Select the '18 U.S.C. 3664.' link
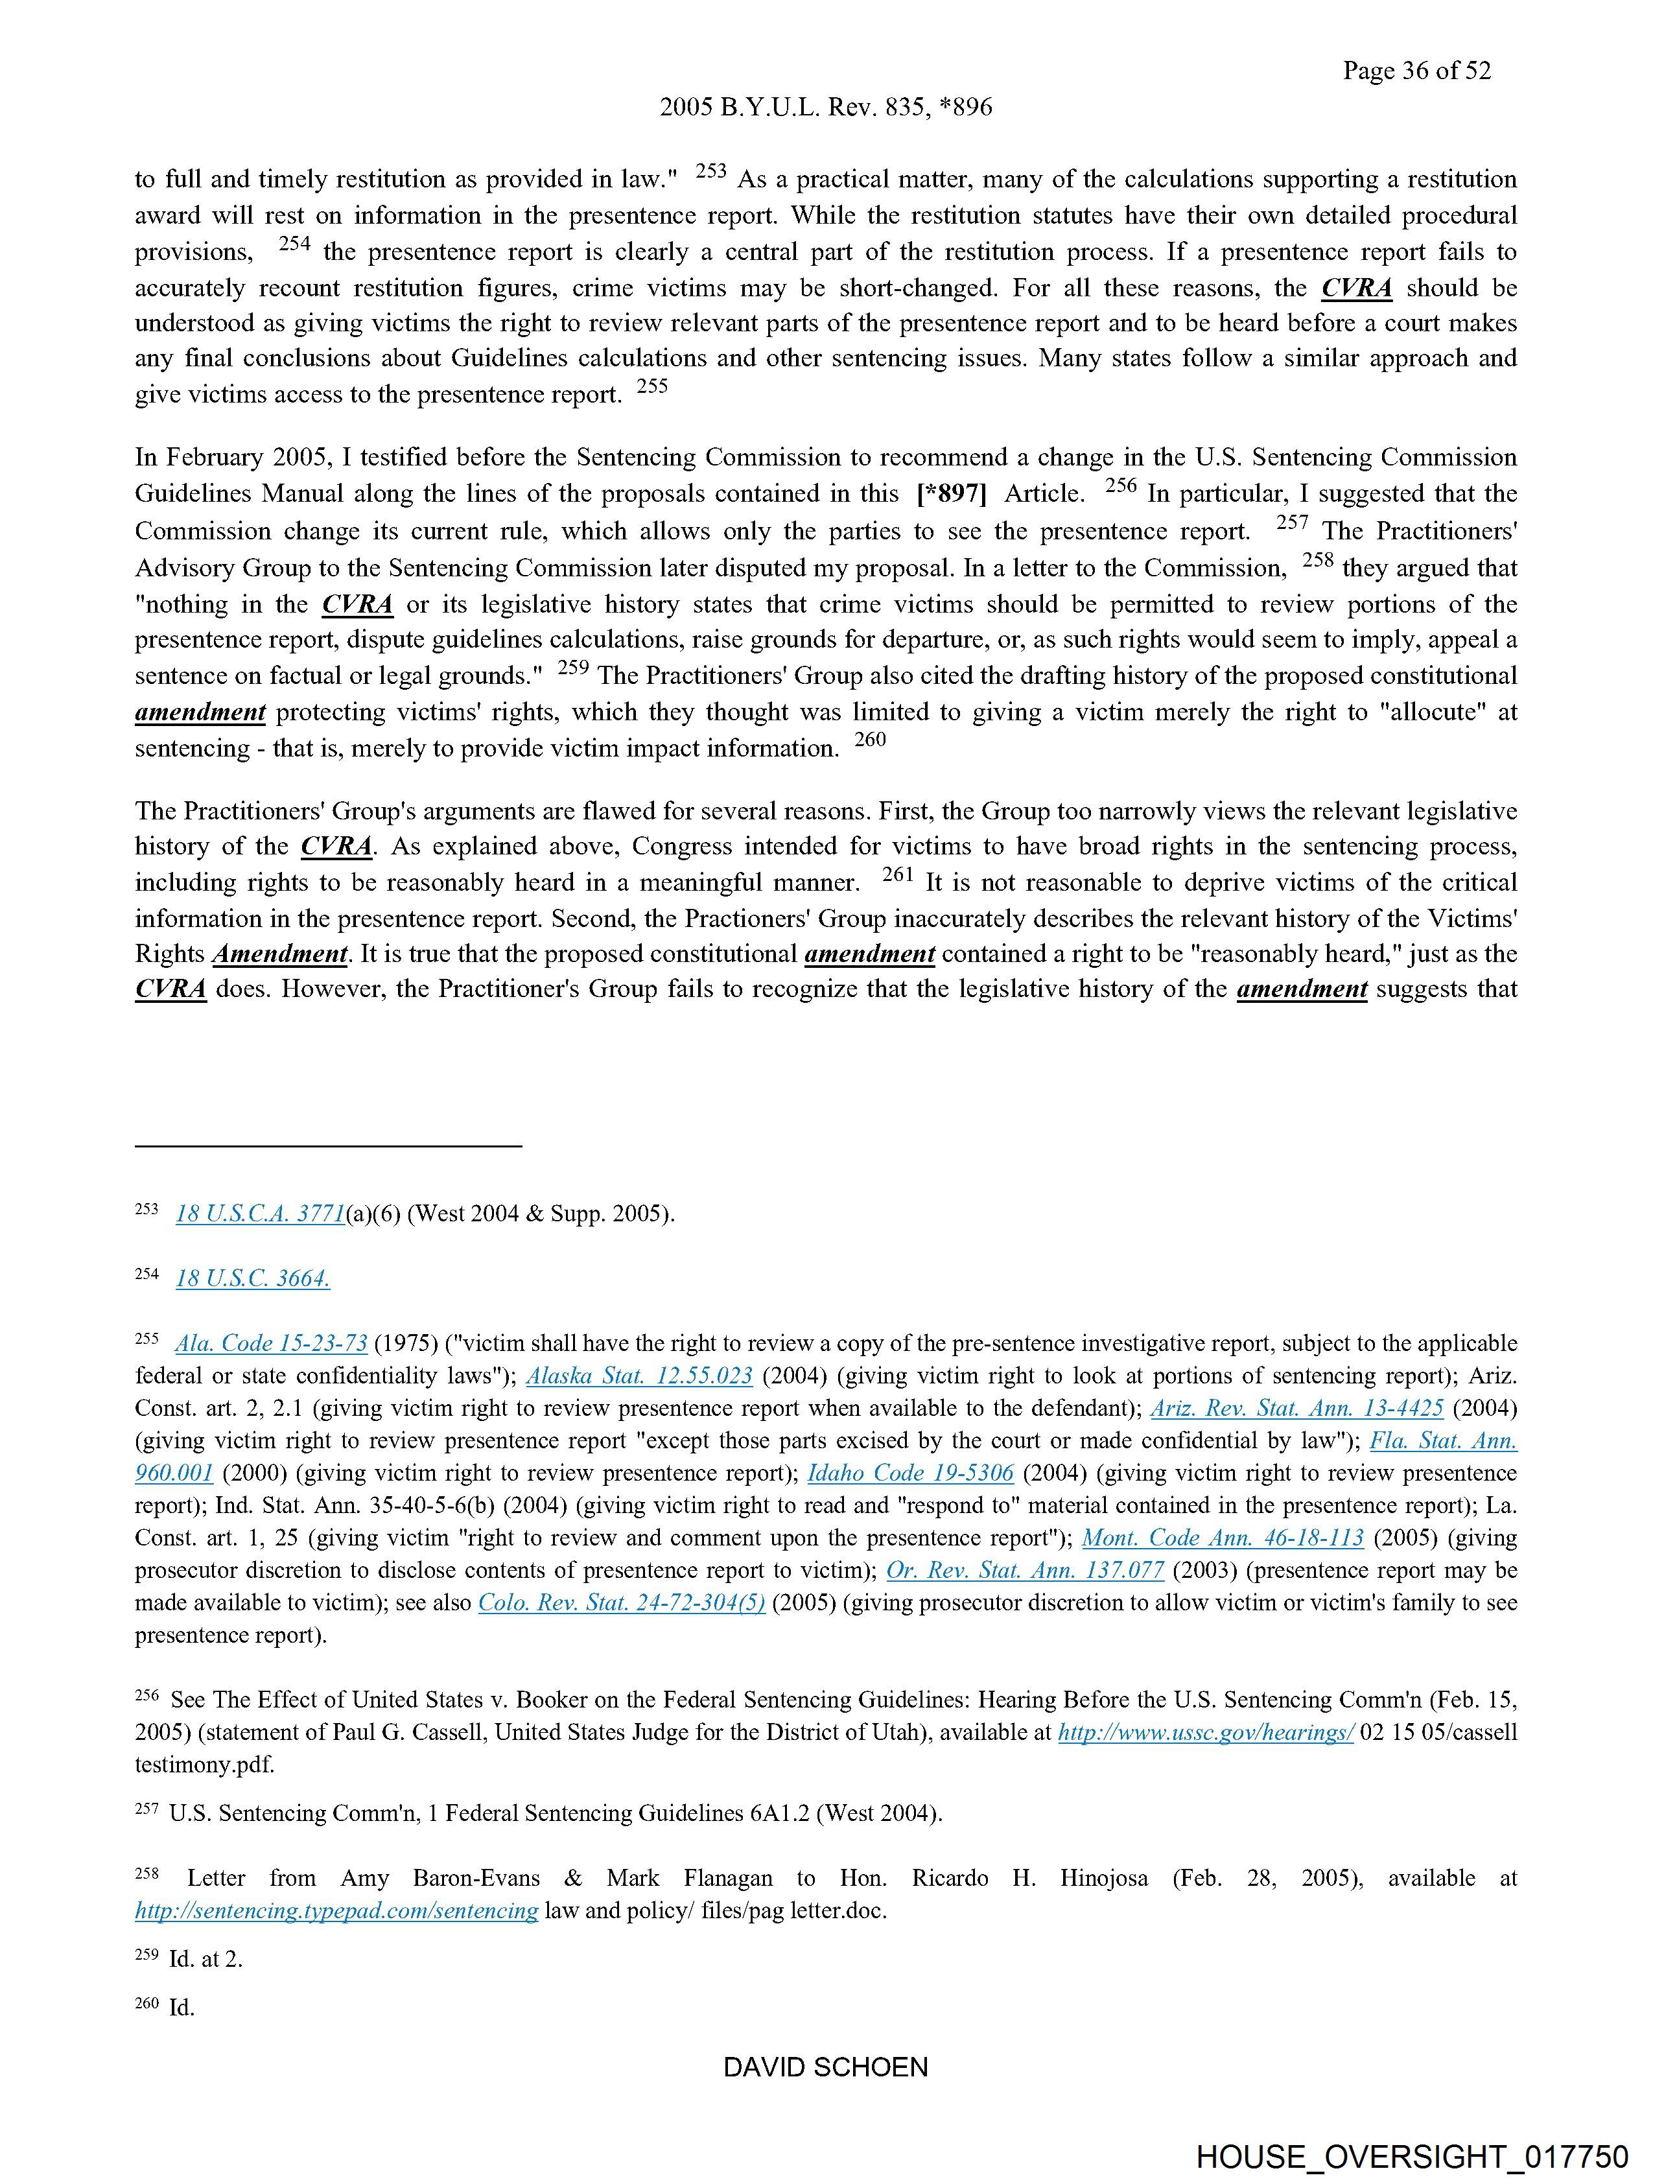click(253, 1278)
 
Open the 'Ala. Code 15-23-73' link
click(272, 1344)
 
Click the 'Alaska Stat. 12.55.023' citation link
click(639, 1376)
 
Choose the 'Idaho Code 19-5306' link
click(910, 1473)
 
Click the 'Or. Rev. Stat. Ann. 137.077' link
click(1025, 1570)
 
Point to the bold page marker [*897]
click(951, 494)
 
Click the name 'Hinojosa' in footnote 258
click(1104, 1878)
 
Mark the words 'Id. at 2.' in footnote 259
click(205, 1959)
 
